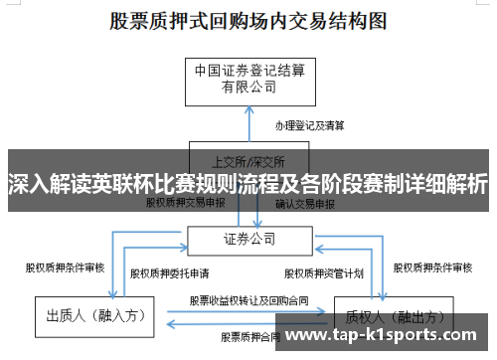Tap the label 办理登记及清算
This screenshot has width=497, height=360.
[310, 126]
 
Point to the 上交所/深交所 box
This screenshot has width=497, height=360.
[248, 159]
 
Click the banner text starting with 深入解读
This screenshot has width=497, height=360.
[248, 184]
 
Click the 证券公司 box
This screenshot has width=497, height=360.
[248, 239]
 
